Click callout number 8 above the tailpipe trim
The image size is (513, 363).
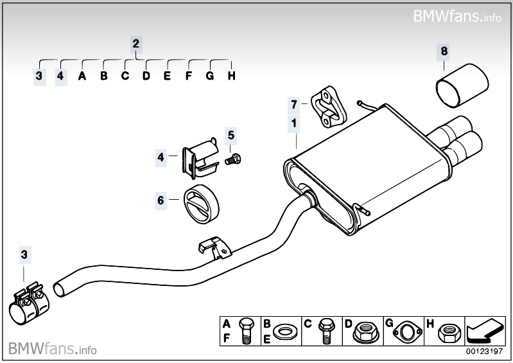(x=444, y=50)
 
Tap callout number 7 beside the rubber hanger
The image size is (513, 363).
(x=293, y=104)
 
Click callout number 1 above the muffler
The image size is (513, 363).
(x=293, y=123)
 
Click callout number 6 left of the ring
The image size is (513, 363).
(x=161, y=200)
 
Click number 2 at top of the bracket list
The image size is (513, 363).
(x=135, y=44)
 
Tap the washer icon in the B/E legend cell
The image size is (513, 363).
(x=283, y=333)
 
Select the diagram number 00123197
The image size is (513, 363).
(x=486, y=352)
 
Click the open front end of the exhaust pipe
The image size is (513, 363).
(x=58, y=287)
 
